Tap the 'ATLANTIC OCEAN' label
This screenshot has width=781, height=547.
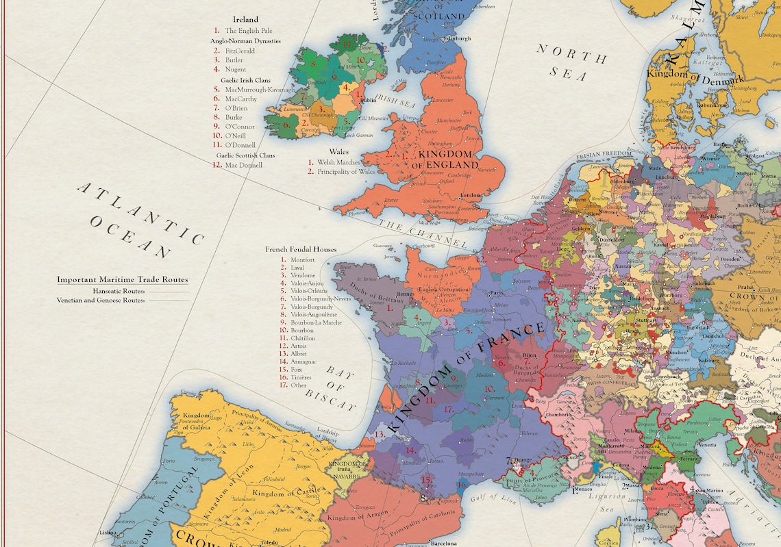pos(137,218)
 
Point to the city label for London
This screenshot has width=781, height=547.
pos(471,195)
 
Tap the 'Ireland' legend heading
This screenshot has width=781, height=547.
pos(245,20)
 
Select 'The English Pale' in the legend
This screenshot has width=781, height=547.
pos(249,31)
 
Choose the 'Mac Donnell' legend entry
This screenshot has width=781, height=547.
pos(243,165)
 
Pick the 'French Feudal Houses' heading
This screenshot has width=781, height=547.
pos(301,250)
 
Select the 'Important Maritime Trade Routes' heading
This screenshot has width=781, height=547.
pos(123,279)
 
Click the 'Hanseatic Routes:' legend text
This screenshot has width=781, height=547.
pos(114,291)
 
